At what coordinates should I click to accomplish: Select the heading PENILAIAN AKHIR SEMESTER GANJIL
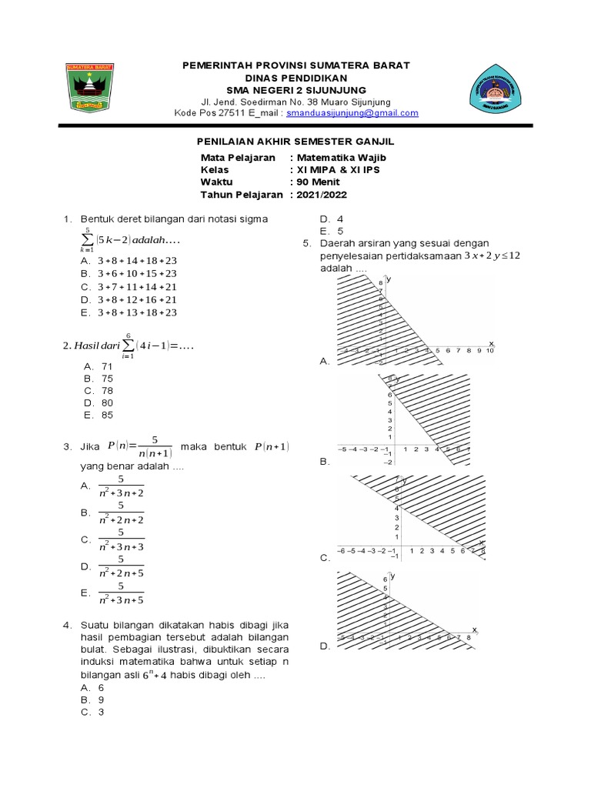click(x=292, y=142)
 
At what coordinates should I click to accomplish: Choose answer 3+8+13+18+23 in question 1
click(x=138, y=312)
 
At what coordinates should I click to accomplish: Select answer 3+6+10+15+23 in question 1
click(x=138, y=273)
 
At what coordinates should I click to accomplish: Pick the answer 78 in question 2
click(x=107, y=391)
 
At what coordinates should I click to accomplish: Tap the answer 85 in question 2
click(x=107, y=416)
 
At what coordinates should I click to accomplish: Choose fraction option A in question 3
click(x=122, y=486)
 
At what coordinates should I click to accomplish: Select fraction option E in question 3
click(x=122, y=593)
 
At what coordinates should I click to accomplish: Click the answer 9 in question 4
click(x=101, y=700)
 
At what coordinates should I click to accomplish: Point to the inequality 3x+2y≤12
click(x=492, y=255)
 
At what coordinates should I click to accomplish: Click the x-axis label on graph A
click(x=491, y=342)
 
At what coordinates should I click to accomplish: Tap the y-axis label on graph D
click(x=392, y=576)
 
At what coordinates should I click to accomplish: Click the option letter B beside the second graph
click(x=324, y=462)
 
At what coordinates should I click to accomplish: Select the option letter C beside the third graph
click(x=324, y=558)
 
